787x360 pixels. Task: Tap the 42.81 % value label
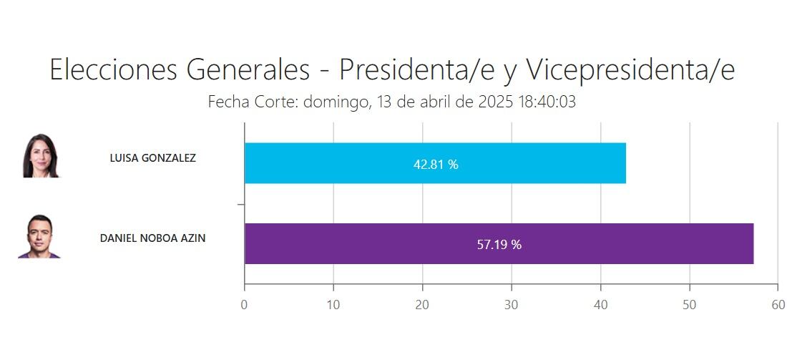point(436,164)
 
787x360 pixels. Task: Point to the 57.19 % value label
point(499,244)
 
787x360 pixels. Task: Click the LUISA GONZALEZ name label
point(152,158)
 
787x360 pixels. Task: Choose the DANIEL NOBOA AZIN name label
point(152,238)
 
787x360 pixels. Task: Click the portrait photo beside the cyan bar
point(41,156)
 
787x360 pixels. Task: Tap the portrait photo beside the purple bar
point(40,236)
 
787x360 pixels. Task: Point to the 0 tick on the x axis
point(245,304)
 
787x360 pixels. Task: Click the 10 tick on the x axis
point(333,304)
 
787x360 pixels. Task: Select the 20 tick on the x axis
point(422,304)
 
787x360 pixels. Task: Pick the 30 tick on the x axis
point(512,304)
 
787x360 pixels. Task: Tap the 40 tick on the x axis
point(600,304)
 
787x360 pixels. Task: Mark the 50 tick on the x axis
point(689,304)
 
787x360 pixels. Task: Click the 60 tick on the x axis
point(778,304)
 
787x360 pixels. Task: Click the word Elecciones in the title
point(114,70)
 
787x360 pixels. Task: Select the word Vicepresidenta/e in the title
point(630,70)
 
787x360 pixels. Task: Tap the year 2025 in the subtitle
point(494,102)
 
